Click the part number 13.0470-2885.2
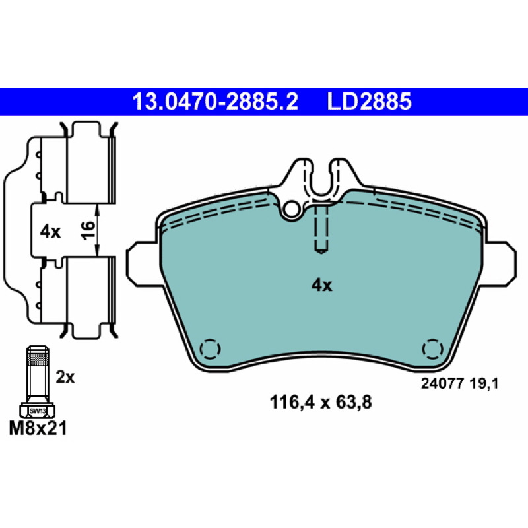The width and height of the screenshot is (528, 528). (x=215, y=102)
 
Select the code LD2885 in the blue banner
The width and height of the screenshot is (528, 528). (x=369, y=102)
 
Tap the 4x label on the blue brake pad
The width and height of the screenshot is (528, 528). (x=321, y=286)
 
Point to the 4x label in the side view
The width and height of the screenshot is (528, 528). (x=50, y=232)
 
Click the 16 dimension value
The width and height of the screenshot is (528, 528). (x=88, y=230)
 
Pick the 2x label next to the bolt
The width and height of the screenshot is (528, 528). (x=65, y=377)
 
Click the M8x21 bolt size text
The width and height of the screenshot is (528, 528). (x=38, y=428)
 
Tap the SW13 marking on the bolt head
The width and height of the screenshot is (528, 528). (x=38, y=411)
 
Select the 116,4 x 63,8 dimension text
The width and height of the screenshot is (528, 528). (x=321, y=402)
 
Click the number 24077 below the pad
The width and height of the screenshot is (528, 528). (x=442, y=383)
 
